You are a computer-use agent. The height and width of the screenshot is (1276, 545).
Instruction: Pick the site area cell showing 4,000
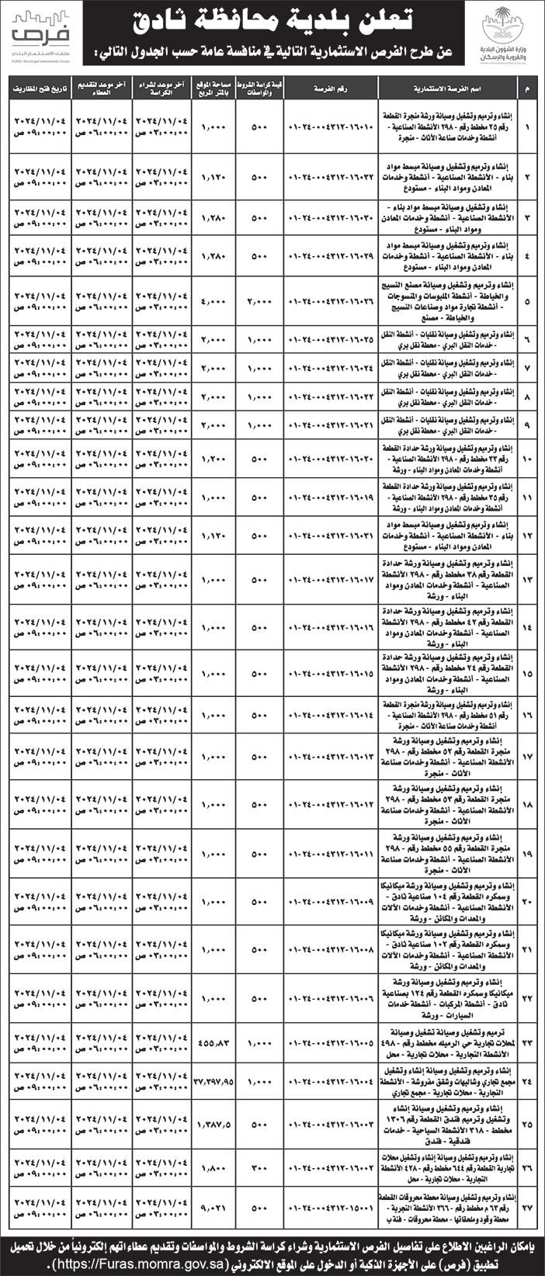214,300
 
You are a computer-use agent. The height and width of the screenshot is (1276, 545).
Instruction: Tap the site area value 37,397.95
214,1082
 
